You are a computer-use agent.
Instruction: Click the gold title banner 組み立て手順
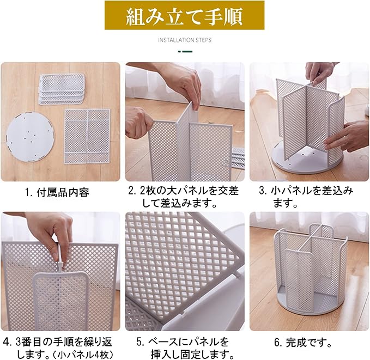coord(184,15)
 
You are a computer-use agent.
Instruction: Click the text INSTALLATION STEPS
coord(185,40)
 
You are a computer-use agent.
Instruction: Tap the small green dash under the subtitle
coord(185,51)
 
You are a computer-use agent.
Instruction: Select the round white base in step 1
coord(30,137)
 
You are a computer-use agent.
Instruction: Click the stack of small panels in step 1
coord(62,89)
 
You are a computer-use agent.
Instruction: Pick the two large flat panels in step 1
coord(87,136)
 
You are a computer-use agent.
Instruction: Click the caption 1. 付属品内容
coord(57,193)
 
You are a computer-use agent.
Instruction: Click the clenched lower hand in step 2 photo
coord(139,122)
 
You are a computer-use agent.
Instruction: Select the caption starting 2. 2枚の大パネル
coord(183,197)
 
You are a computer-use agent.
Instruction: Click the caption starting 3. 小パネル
coord(306,197)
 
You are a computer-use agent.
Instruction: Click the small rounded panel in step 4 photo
coord(61,301)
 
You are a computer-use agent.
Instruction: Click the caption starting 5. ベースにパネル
coord(184,347)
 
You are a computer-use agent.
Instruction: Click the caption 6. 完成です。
coord(304,343)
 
